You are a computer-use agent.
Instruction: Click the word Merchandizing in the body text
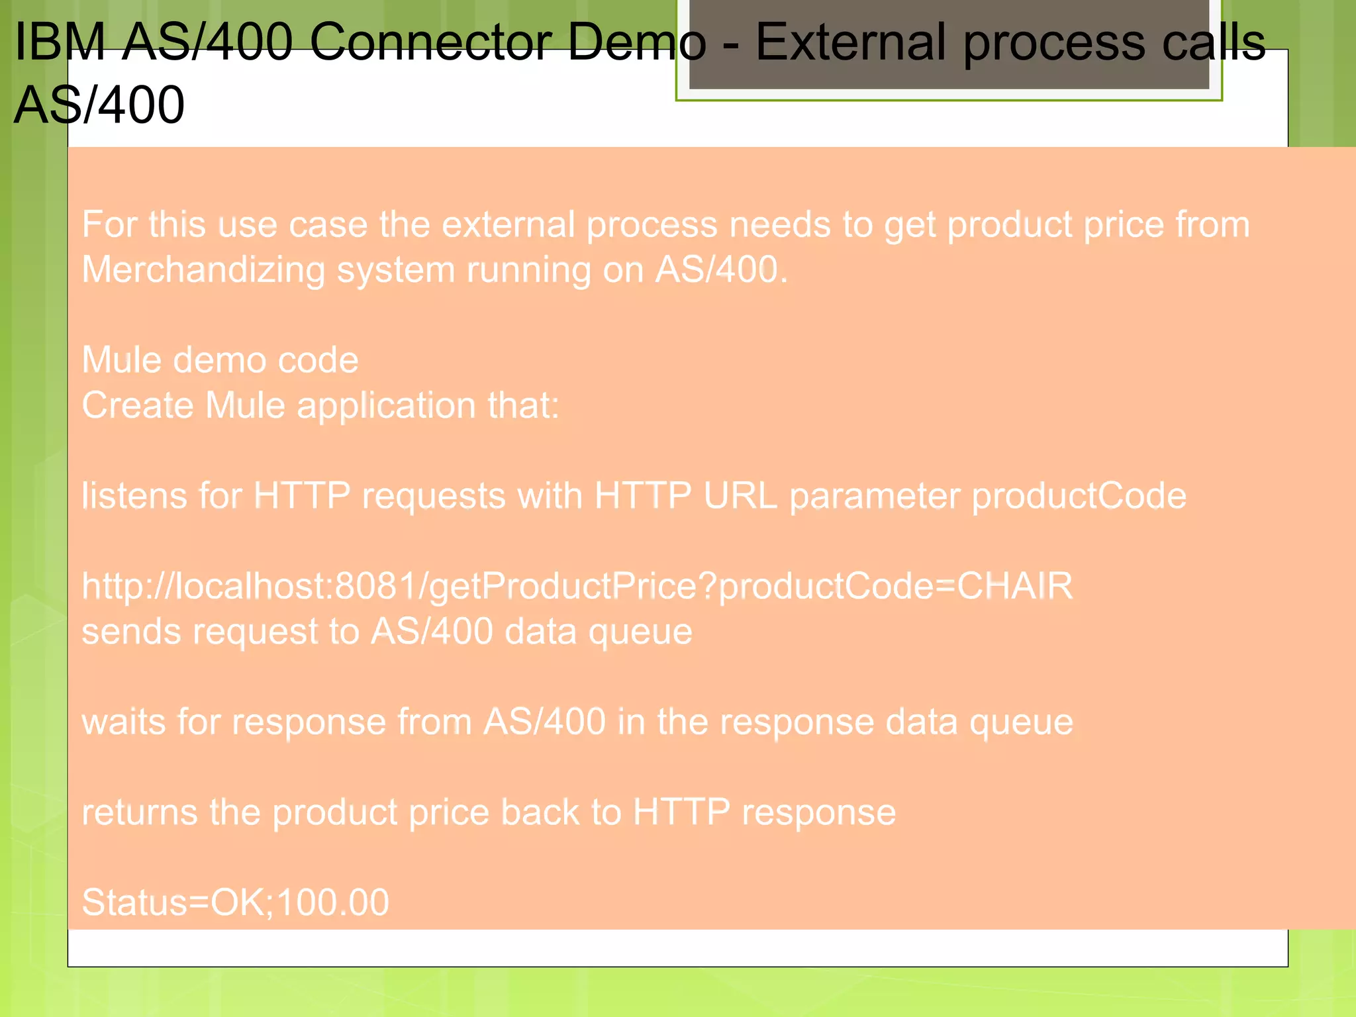(x=203, y=270)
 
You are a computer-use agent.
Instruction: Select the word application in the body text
(x=386, y=405)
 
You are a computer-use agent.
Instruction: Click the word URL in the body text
(x=740, y=496)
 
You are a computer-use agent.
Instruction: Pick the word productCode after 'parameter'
(x=1079, y=496)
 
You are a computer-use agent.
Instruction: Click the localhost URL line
(x=576, y=587)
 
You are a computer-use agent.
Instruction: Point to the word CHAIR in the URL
(x=1014, y=587)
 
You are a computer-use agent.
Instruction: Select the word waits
(x=123, y=722)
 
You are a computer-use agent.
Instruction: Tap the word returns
(x=139, y=812)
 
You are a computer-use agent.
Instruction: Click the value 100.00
(x=333, y=902)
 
